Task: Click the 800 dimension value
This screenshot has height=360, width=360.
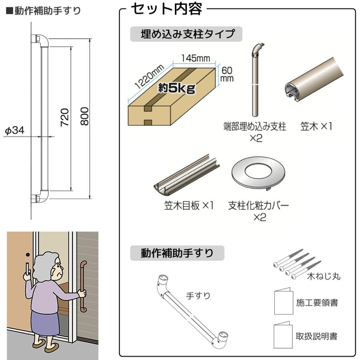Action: pos(84,116)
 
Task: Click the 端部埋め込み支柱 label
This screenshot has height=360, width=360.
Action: pos(254,127)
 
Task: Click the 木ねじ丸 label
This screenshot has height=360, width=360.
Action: pos(323,276)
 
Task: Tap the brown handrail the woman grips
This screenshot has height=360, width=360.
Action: pos(84,286)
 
